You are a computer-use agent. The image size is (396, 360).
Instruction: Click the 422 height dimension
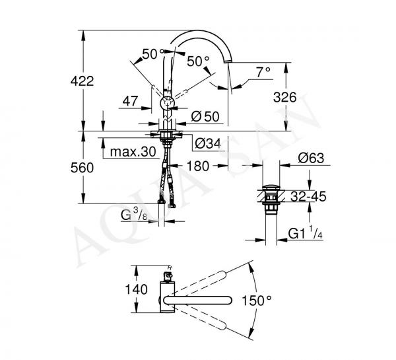(82, 81)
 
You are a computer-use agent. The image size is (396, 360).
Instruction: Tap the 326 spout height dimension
(285, 97)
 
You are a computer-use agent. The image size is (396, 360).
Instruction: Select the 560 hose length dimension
(82, 168)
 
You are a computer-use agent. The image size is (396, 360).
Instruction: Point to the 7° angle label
(263, 73)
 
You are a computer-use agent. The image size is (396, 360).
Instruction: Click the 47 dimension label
(130, 101)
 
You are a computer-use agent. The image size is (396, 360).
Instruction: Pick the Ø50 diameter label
(205, 116)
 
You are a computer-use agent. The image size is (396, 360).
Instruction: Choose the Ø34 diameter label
(208, 143)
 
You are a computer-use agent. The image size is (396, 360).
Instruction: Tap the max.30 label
(133, 152)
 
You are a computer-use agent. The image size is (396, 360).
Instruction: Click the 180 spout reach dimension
(198, 166)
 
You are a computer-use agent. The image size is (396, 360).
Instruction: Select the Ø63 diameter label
(311, 159)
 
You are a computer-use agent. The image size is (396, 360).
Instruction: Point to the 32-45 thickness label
(308, 196)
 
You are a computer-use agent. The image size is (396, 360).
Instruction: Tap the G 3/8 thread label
(134, 215)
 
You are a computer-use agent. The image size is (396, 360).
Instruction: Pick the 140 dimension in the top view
(137, 289)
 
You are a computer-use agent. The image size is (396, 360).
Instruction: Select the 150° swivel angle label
(257, 301)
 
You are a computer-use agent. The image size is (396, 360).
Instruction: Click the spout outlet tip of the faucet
(228, 61)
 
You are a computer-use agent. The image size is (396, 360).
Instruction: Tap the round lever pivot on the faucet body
(168, 103)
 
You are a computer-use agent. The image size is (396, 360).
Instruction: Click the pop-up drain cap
(271, 188)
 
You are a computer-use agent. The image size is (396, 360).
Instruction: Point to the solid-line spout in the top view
(197, 301)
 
